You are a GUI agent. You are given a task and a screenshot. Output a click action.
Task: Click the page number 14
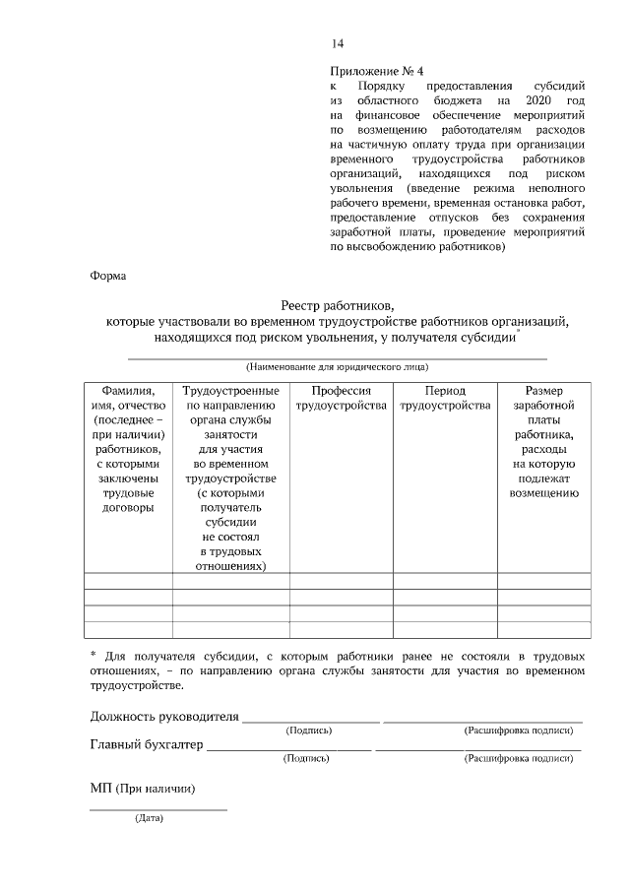(338, 43)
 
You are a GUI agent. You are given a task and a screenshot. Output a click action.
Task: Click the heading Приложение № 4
(377, 71)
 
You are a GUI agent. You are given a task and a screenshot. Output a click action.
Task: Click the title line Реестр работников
(337, 305)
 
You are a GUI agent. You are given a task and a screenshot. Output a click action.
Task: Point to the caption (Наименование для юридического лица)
(337, 366)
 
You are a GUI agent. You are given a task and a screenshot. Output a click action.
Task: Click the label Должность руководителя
(164, 716)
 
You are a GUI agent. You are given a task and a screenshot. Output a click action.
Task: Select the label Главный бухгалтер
(147, 744)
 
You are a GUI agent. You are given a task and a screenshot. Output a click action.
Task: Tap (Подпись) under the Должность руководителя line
(308, 731)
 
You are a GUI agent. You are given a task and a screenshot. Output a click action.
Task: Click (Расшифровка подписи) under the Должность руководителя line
(518, 731)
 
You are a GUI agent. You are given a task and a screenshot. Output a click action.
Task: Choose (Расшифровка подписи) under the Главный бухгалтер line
(518, 759)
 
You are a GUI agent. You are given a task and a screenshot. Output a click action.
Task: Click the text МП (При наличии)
(142, 789)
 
